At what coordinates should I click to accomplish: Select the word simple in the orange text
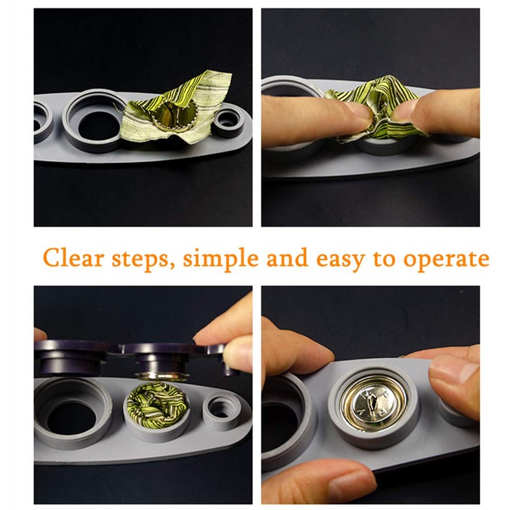pos(221,259)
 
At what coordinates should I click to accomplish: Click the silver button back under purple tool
pos(161,375)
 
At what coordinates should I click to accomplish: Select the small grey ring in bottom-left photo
pos(220,411)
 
